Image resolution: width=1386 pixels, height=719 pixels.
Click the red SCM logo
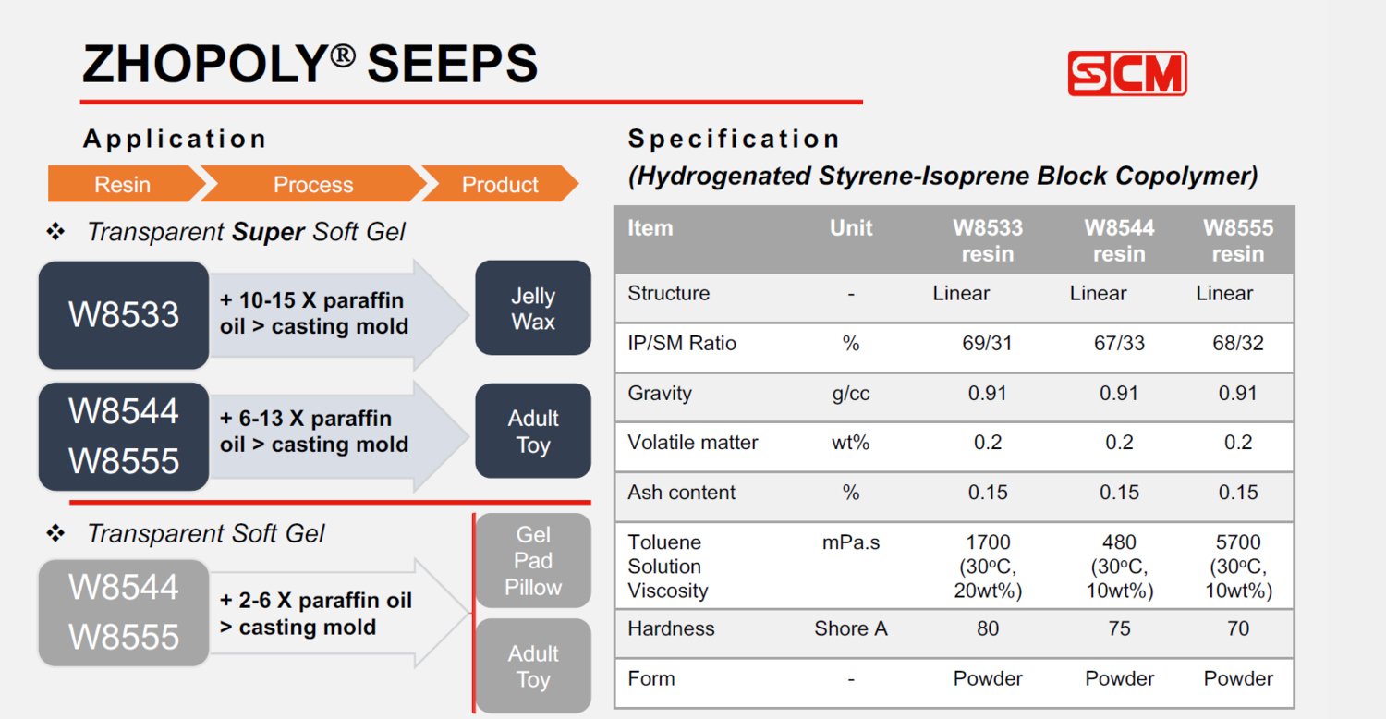(x=1126, y=73)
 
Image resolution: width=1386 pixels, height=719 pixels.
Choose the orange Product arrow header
(x=500, y=184)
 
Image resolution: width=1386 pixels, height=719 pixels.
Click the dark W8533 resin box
(x=124, y=314)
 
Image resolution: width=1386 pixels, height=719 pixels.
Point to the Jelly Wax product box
(x=533, y=308)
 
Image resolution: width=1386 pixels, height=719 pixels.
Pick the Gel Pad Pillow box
(x=533, y=561)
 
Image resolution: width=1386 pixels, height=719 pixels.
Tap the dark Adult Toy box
(x=533, y=431)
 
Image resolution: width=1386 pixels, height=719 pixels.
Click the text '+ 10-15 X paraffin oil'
(x=312, y=313)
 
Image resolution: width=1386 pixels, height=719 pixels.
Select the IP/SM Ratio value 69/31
(x=987, y=343)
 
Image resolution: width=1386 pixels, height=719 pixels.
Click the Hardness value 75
(x=1119, y=628)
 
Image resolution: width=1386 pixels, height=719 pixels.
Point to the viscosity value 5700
(x=1238, y=542)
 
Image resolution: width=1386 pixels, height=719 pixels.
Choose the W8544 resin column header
(x=1119, y=240)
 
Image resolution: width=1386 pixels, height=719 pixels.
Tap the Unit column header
(x=851, y=227)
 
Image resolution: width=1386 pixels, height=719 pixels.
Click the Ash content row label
(x=681, y=493)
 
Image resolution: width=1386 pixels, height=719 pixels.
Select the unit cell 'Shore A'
(x=851, y=628)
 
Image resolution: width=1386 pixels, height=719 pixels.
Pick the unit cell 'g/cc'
(x=851, y=394)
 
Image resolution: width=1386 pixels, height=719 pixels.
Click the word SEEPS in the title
(x=453, y=65)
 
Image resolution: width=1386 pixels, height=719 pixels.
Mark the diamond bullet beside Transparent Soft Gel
(x=55, y=532)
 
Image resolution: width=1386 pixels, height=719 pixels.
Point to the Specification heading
(x=734, y=140)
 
